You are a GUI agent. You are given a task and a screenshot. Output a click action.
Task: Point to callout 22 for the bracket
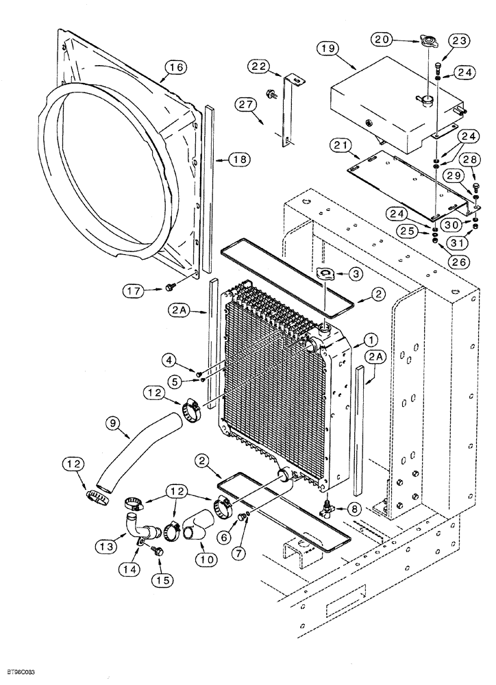pyautogui.click(x=259, y=66)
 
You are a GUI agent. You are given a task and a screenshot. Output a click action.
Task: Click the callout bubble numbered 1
pyautogui.click(x=369, y=338)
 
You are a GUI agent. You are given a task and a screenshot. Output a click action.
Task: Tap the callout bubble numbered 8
pyautogui.click(x=354, y=509)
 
